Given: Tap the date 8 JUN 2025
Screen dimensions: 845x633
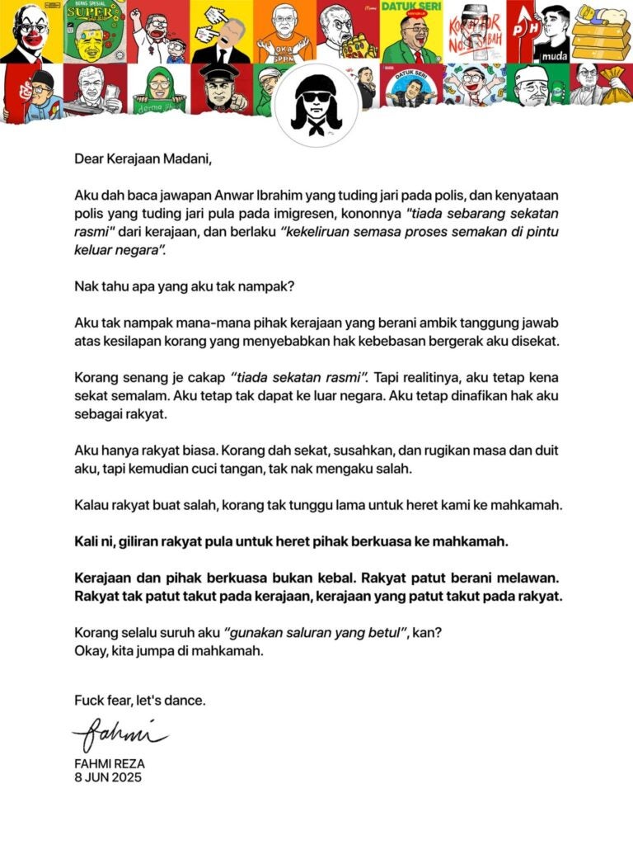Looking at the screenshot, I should click(108, 777).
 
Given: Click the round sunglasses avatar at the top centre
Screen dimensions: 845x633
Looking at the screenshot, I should click(316, 105).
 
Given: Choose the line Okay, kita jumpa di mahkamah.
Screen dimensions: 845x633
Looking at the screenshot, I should click(169, 649).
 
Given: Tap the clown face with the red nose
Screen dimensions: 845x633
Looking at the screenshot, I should click(31, 31).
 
